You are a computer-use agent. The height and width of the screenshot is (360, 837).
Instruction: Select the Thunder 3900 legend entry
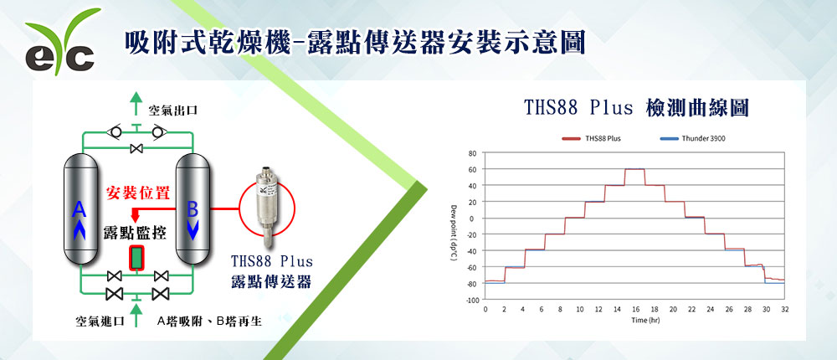tap(692, 138)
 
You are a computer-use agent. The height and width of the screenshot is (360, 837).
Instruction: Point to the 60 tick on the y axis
tap(471, 169)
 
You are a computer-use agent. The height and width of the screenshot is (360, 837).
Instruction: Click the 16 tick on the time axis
tap(635, 309)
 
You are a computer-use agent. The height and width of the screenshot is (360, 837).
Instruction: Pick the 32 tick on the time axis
tap(785, 309)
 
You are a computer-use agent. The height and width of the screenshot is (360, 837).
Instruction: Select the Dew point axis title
tap(454, 233)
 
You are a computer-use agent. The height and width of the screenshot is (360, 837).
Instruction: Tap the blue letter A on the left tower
tap(79, 209)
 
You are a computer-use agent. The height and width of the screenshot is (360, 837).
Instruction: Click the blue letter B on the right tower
tap(193, 210)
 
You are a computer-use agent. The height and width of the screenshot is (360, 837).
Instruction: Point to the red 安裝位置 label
tap(138, 193)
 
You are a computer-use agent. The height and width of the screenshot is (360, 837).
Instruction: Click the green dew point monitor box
tap(137, 258)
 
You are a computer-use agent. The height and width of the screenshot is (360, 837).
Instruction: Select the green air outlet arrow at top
tap(136, 102)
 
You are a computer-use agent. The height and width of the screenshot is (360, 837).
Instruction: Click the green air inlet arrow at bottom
tap(136, 315)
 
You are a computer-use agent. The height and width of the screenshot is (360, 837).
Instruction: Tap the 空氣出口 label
tap(173, 111)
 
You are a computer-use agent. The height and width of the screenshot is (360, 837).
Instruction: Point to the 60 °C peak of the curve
tap(634, 169)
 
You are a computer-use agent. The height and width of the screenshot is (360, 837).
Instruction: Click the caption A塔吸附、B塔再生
tap(209, 321)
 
